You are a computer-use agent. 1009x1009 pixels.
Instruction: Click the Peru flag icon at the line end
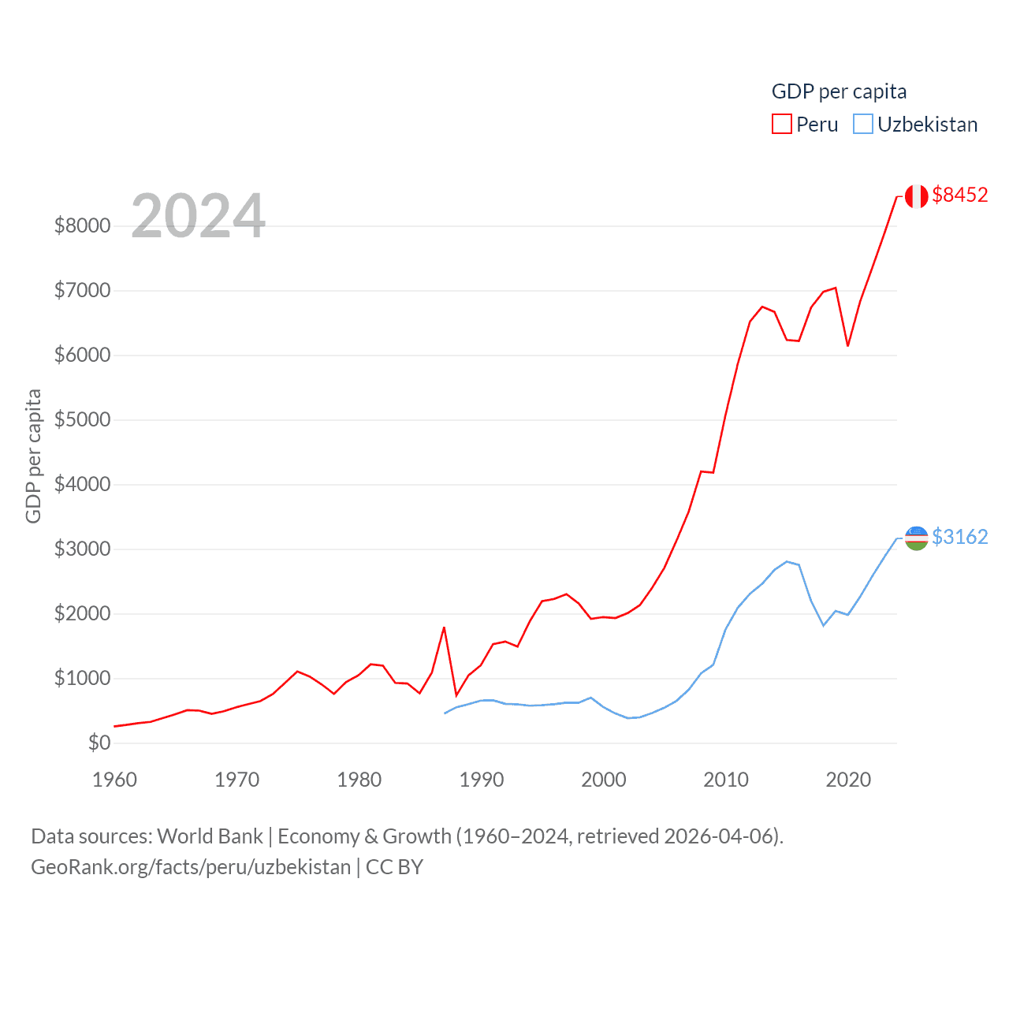[916, 195]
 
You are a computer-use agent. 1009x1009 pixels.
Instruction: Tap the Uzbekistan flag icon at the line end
[916, 538]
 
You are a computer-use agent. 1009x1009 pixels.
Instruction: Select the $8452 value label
[959, 195]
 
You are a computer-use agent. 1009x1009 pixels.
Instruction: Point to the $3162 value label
[959, 537]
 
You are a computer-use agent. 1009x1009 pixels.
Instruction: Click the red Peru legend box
[781, 125]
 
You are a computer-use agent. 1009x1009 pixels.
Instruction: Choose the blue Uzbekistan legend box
[863, 125]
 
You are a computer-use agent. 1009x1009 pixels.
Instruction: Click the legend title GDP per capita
[839, 91]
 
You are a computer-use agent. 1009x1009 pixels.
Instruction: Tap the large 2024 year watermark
[198, 215]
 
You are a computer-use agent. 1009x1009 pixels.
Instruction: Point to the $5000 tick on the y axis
[82, 419]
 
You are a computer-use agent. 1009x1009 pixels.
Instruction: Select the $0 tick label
[99, 743]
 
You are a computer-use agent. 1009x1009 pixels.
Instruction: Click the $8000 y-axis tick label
[82, 225]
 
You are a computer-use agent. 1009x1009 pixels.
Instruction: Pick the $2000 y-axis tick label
[82, 613]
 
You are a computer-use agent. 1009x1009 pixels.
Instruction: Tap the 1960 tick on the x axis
[115, 780]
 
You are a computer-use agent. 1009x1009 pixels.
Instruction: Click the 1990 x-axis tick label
[482, 780]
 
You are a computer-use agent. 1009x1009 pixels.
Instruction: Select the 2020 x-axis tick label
[848, 780]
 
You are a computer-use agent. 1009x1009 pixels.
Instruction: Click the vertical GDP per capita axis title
[33, 456]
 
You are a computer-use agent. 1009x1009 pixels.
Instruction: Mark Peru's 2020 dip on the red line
[848, 345]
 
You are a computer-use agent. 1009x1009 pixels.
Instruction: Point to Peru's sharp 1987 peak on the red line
[445, 627]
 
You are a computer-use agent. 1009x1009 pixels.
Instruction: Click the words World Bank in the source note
[210, 836]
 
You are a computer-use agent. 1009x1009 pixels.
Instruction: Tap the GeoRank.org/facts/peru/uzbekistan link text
[191, 867]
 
